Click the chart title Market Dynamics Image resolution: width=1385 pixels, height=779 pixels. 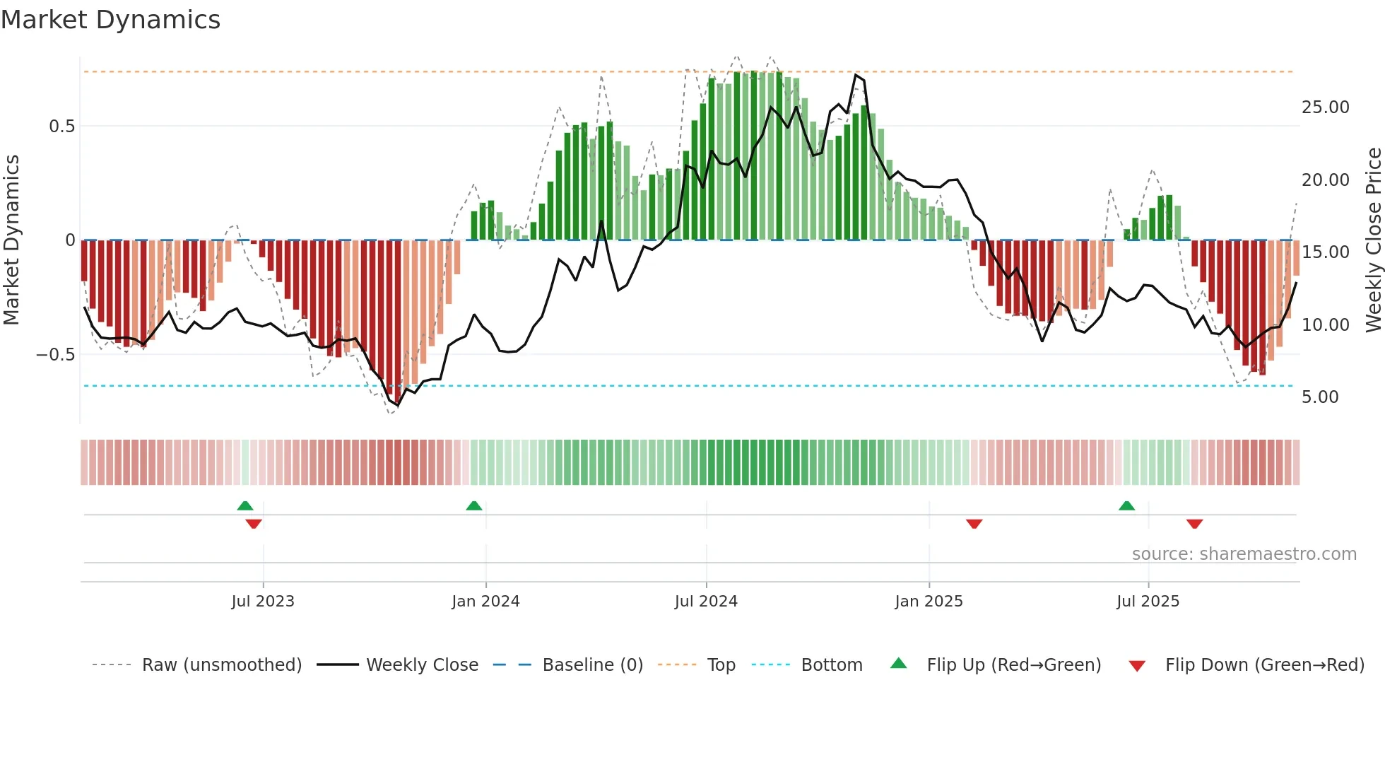point(110,20)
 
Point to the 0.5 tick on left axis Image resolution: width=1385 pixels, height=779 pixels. point(61,127)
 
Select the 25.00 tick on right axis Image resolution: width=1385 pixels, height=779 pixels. point(1325,107)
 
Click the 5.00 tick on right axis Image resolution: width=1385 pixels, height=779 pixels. point(1320,397)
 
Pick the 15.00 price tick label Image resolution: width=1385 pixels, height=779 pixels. point(1325,252)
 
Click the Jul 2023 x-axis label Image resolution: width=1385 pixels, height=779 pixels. point(263,602)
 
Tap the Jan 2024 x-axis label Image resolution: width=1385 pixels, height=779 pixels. point(485,602)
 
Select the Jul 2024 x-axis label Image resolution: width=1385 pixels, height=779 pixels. point(706,602)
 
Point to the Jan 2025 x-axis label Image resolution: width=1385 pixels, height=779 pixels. point(929,602)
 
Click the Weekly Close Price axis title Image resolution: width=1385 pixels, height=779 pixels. point(1373,240)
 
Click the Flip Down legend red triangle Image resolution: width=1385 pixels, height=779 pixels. point(1137,666)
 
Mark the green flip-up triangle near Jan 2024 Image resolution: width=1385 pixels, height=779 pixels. point(474,506)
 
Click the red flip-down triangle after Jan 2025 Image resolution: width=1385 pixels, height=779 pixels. point(974,524)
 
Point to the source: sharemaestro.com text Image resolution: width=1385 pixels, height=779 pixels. point(1244,554)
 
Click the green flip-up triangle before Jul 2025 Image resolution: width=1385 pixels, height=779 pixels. point(1126,506)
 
